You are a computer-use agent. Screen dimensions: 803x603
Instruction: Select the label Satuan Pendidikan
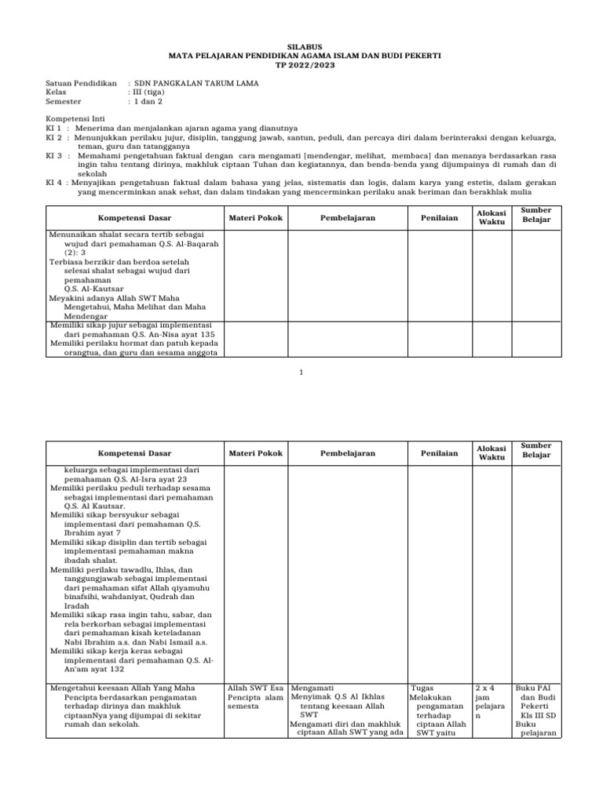coord(81,83)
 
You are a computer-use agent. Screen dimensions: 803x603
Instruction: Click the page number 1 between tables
coord(301,372)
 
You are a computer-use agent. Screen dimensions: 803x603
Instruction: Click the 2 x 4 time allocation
coord(485,688)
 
